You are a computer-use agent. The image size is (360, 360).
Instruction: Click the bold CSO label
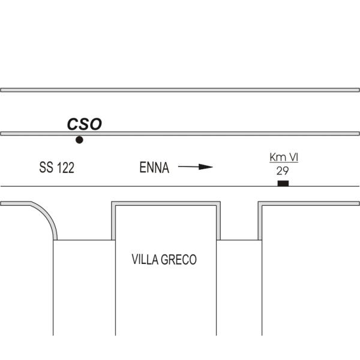tap(84, 124)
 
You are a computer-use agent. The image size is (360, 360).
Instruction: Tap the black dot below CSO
tap(79, 140)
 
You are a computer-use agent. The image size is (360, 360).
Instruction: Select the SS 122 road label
tap(57, 167)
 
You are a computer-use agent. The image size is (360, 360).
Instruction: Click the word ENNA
tap(154, 167)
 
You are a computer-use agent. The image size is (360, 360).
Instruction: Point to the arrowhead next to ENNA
tap(206, 167)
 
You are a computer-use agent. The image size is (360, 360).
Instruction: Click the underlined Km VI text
tap(284, 157)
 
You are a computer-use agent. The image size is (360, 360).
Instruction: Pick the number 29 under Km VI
tap(283, 171)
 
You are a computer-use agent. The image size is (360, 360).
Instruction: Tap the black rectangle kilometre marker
tap(283, 184)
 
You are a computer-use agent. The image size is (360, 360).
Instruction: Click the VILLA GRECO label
tap(164, 259)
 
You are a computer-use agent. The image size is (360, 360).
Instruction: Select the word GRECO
tap(179, 259)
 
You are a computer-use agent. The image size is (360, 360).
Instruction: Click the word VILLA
tap(145, 259)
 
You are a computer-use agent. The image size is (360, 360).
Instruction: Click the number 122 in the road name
tap(65, 167)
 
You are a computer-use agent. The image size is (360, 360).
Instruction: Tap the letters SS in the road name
tap(46, 167)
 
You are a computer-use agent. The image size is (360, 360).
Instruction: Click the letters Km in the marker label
tap(277, 157)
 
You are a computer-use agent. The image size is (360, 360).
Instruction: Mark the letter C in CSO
tap(73, 124)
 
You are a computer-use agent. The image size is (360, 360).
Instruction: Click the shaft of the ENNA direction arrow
tap(188, 166)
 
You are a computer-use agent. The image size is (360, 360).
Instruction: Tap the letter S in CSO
tap(84, 124)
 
